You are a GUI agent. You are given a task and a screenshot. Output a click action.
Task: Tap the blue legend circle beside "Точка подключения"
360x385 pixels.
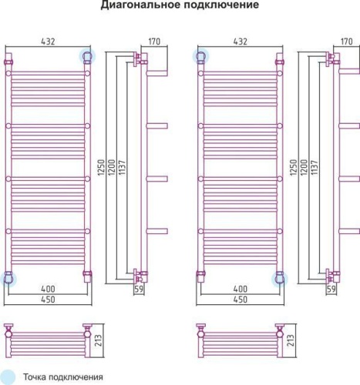(8, 377)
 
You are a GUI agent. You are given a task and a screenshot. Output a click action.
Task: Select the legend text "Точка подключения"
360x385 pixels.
(63, 377)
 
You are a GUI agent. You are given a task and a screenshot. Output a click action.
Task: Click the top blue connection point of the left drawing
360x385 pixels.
(87, 56)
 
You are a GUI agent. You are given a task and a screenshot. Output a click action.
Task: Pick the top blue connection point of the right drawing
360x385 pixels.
(201, 56)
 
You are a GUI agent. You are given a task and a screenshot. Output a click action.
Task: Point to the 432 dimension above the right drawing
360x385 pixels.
(240, 41)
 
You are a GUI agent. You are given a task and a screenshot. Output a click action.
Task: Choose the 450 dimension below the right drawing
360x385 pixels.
(240, 300)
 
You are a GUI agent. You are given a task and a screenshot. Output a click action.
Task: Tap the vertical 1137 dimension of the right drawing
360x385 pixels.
(311, 164)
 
